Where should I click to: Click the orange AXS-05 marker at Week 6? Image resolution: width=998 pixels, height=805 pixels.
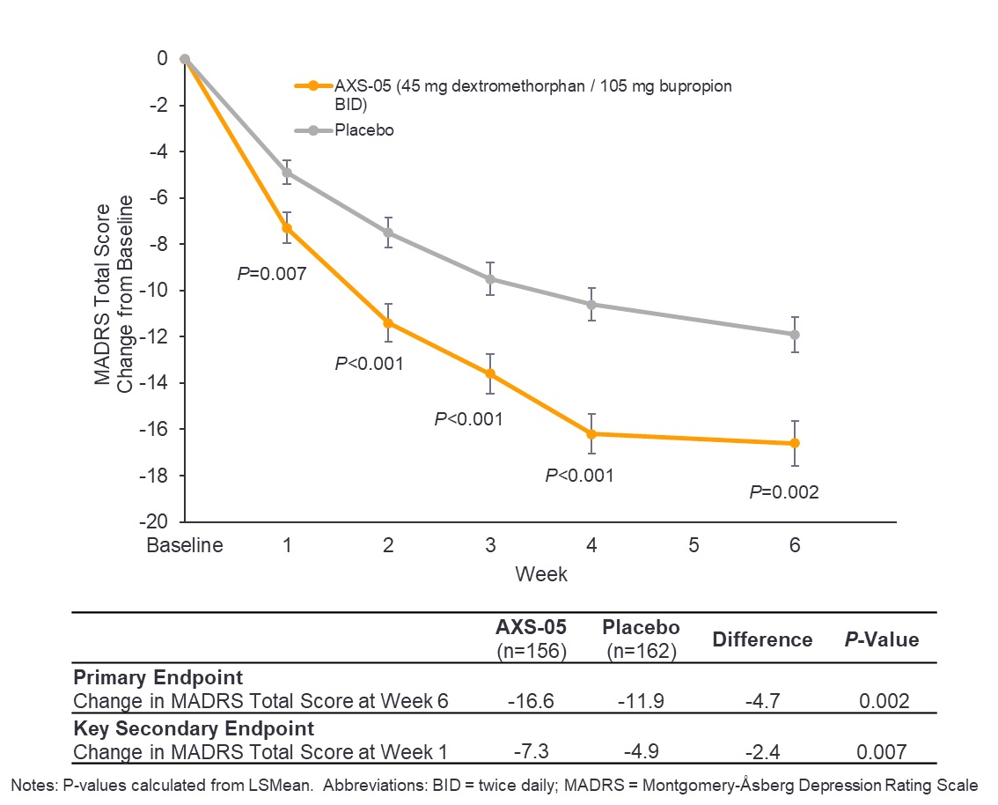[x=795, y=443]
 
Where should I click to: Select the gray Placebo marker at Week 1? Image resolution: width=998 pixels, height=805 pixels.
[x=287, y=172]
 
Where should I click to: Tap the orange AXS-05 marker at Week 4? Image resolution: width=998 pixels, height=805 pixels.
[x=591, y=433]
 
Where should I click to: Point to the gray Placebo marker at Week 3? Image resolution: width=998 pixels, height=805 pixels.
[x=490, y=279]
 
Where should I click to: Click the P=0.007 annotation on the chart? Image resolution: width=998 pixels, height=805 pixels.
[x=272, y=274]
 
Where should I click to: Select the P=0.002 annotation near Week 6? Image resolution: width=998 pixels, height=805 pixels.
[x=783, y=492]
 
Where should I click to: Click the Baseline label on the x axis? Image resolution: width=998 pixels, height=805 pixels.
[x=184, y=545]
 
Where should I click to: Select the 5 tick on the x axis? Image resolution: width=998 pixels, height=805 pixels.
[x=693, y=545]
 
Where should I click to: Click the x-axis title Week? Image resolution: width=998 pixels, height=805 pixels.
[x=541, y=574]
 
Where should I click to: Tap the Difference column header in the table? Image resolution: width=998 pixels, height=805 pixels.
[x=762, y=639]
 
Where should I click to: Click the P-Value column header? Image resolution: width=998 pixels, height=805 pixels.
[x=877, y=639]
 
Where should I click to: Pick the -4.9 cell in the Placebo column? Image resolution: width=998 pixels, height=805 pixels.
[x=641, y=751]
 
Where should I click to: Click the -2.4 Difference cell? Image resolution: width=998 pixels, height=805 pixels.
[x=762, y=751]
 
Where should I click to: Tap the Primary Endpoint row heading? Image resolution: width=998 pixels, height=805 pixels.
[x=158, y=678]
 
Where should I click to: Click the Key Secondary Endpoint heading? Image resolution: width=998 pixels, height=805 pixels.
[x=193, y=728]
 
